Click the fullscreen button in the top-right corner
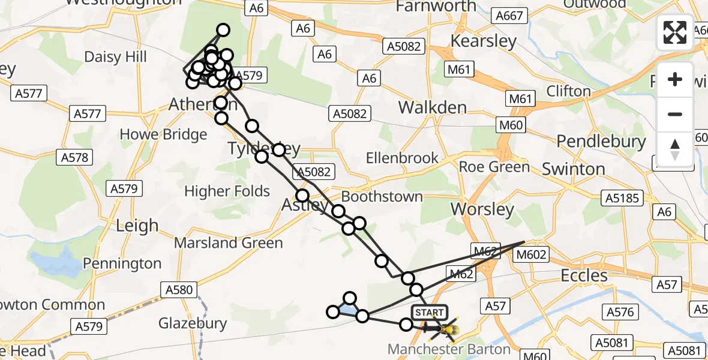[x=675, y=32]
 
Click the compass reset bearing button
[x=675, y=149]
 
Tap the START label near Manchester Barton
[x=430, y=312]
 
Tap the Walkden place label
[x=433, y=108]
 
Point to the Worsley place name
[x=482, y=209]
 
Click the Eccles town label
[x=584, y=275]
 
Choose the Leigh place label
[x=137, y=226]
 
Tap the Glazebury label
[x=193, y=323]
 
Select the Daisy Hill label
[x=115, y=58]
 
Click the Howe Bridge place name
[x=163, y=134]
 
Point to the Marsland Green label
[x=228, y=243]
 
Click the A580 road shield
[x=178, y=290]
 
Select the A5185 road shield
[x=622, y=198]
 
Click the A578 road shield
[x=74, y=158]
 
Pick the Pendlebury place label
[x=601, y=142]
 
